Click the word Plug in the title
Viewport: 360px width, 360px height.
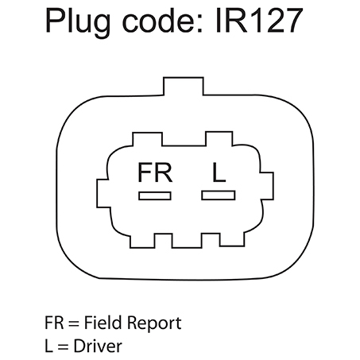[x=78, y=22]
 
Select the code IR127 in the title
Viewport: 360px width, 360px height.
[x=259, y=20]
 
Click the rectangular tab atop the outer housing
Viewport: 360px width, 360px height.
[x=184, y=86]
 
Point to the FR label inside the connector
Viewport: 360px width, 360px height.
[x=155, y=172]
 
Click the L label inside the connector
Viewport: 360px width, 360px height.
[x=219, y=172]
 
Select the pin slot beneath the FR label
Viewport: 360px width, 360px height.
[x=155, y=195]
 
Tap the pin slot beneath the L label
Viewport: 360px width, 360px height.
[x=219, y=195]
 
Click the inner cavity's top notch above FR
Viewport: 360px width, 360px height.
[x=147, y=139]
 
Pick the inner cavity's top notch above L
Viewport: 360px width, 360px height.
[x=219, y=138]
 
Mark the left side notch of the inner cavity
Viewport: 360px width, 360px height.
[x=103, y=193]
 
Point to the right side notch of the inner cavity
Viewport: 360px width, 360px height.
[x=267, y=186]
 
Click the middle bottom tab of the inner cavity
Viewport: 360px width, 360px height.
[x=187, y=241]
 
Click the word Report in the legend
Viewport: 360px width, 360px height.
[x=154, y=324]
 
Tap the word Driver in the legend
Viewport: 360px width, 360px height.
[x=98, y=346]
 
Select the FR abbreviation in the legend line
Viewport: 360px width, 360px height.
[x=54, y=323]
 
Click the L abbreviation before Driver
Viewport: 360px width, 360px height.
[x=48, y=346]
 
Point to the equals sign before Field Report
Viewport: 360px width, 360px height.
[x=74, y=323]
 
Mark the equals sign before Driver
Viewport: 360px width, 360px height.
[x=63, y=346]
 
